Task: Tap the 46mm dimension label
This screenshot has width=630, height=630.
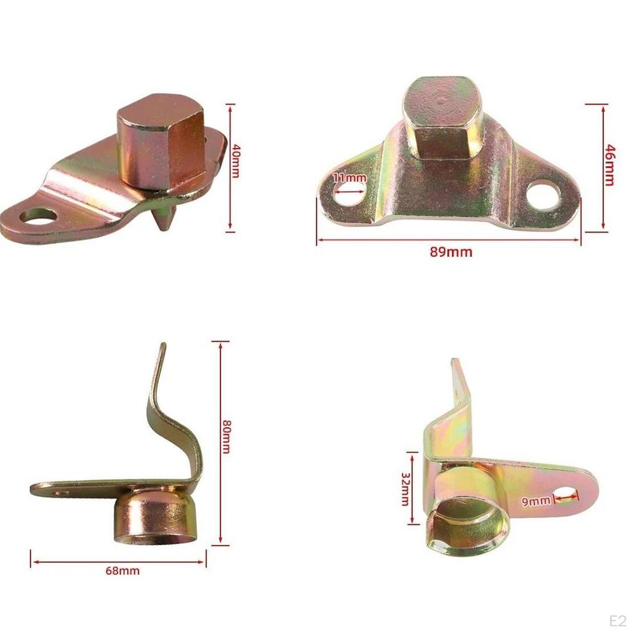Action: (x=610, y=164)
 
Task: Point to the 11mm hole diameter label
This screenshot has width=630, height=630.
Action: (x=349, y=178)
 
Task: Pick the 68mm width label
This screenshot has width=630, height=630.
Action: (x=122, y=571)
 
